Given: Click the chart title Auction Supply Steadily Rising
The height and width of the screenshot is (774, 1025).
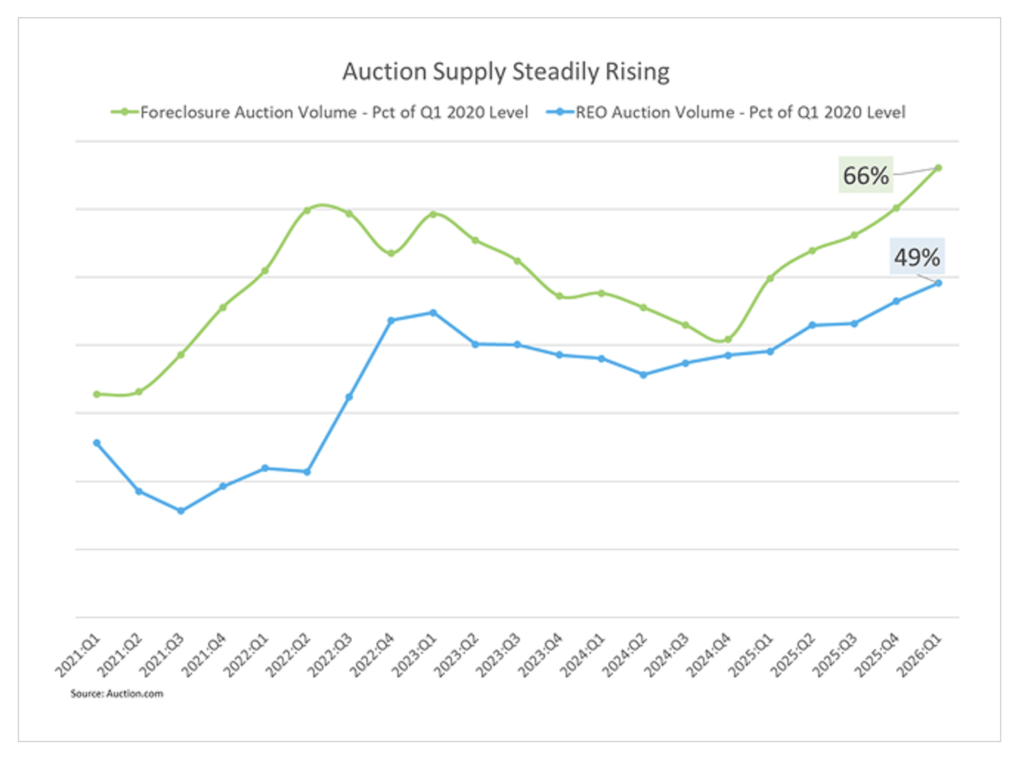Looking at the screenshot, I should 506,72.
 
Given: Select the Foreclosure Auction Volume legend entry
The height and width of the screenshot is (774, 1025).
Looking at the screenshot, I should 320,112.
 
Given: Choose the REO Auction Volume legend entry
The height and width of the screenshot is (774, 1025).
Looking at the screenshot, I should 726,112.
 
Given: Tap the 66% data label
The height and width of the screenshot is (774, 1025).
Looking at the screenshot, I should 865,175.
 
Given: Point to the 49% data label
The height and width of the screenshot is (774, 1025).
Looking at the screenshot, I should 916,257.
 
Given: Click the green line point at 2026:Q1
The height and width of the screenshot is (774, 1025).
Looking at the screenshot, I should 939,168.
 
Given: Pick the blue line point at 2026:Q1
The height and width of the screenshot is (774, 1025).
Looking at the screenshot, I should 939,283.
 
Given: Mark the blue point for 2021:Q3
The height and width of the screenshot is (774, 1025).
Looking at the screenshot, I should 181,510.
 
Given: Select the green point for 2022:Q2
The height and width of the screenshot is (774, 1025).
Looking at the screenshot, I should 307,210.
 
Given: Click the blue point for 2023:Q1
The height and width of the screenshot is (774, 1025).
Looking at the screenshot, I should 433,312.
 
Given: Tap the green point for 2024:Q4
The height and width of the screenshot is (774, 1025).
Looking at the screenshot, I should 728,340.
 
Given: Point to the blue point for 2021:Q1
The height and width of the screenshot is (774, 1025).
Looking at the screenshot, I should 97,443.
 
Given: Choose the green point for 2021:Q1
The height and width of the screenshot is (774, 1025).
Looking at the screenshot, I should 97,394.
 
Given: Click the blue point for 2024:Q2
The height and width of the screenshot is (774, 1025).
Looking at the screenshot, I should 644,374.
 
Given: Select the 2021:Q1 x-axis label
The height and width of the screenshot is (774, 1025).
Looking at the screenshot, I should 78,654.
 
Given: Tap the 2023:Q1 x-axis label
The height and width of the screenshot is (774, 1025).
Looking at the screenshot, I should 414,654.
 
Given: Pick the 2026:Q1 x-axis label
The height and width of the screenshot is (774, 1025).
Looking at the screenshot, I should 919,654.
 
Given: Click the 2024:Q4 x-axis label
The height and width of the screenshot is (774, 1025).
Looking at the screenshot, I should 709,654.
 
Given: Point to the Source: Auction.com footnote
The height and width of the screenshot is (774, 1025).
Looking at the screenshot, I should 117,693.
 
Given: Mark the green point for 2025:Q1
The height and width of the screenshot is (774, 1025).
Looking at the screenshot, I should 770,278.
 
